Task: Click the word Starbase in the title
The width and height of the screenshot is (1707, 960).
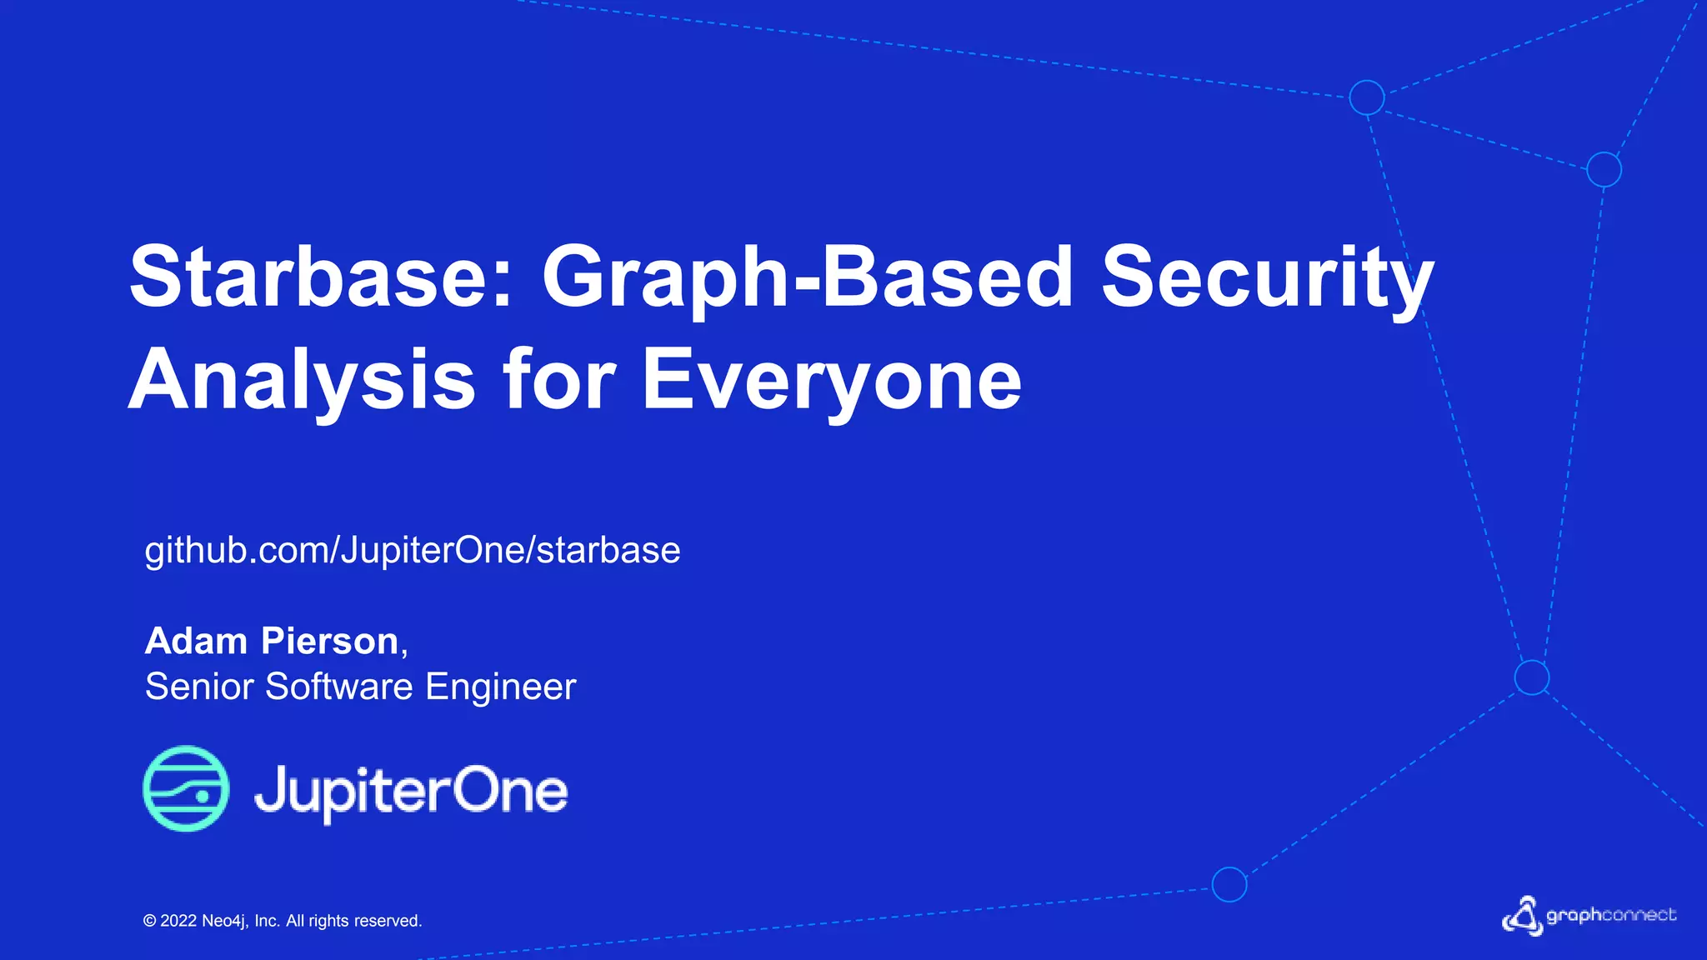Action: (321, 277)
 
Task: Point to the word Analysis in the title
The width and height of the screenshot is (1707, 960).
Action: (301, 380)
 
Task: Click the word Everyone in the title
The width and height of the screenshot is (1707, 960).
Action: (831, 380)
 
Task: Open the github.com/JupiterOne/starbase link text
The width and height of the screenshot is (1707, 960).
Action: (413, 551)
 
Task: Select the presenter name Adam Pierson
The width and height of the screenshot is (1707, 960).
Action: (273, 641)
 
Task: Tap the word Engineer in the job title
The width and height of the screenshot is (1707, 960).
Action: (500, 687)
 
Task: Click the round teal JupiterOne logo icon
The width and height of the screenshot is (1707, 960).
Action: (186, 788)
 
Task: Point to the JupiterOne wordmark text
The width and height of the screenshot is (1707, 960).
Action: (411, 791)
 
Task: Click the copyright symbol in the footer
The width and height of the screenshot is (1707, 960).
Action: (150, 921)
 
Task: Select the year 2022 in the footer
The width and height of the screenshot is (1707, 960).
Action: (178, 921)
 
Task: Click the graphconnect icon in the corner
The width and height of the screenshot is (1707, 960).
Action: (1522, 917)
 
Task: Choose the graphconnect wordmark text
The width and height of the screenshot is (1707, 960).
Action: (1611, 915)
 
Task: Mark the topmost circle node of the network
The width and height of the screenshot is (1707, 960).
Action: (1367, 97)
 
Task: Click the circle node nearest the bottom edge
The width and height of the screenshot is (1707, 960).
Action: (1229, 884)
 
